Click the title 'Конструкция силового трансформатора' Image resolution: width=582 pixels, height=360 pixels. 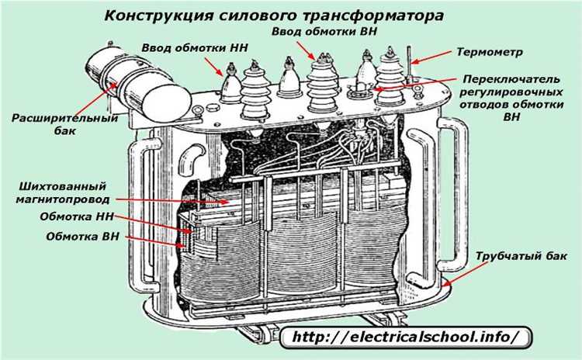pyautogui.click(x=275, y=16)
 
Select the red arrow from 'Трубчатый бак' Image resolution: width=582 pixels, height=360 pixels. pyautogui.click(x=465, y=272)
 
